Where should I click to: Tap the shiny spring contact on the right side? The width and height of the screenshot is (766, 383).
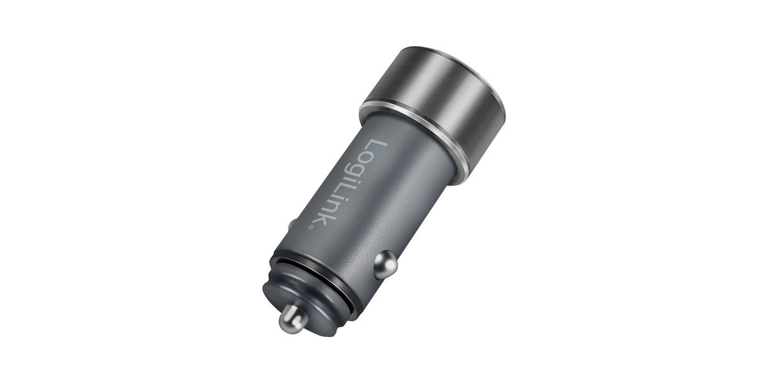click(386, 264)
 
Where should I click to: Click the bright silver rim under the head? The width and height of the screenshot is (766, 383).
click(414, 140)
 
